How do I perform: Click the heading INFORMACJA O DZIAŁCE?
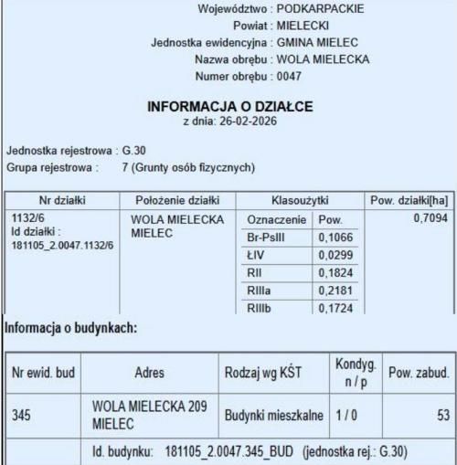(229, 107)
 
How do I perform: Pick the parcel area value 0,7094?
(426, 220)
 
